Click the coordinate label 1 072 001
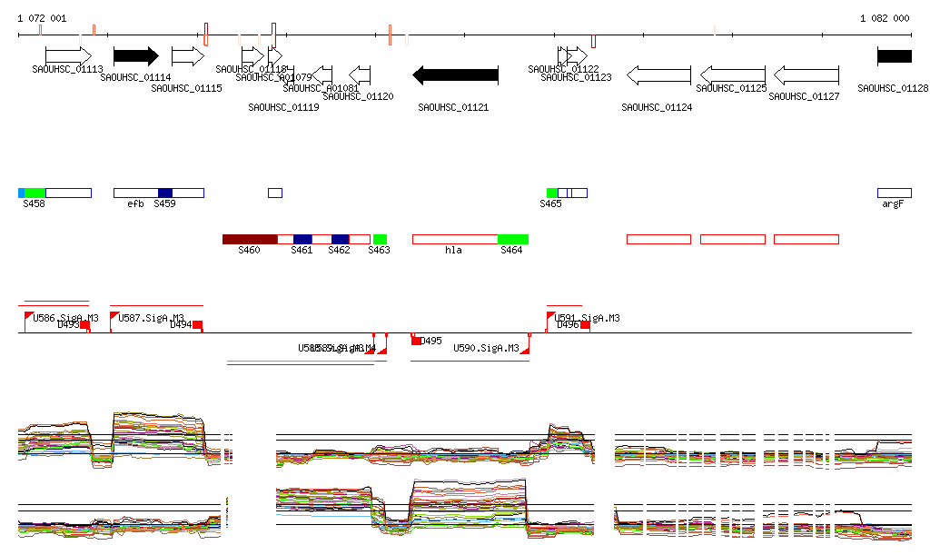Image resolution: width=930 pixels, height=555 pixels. pos(42,18)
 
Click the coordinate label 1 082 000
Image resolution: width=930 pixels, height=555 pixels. pos(885,18)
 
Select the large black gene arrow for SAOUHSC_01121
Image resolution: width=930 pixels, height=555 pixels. pos(456,75)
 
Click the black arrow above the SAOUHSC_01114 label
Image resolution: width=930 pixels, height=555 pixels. pos(135,56)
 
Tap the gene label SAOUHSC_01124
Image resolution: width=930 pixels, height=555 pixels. pos(657,107)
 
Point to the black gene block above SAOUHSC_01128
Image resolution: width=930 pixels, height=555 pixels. pos(894,56)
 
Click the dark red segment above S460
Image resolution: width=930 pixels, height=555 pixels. pos(250,239)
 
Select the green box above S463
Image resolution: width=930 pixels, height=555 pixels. pos(380,239)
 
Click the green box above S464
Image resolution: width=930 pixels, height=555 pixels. pos(512,239)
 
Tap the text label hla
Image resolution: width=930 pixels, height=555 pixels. pos(453,250)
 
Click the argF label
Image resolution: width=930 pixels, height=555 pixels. pos(893,204)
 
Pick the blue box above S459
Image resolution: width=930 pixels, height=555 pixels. pos(165,193)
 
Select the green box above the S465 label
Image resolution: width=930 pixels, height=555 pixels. pos(551,193)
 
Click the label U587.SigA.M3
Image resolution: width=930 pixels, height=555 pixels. pos(151,318)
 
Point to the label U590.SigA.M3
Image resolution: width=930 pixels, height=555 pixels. pos(486,348)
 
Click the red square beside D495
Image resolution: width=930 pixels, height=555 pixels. pos(417,341)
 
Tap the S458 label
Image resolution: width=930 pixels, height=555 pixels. pos(34,204)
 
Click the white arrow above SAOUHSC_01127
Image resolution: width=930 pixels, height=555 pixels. pos(806,75)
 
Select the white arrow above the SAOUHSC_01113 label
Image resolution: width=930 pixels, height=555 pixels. pos(68,56)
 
